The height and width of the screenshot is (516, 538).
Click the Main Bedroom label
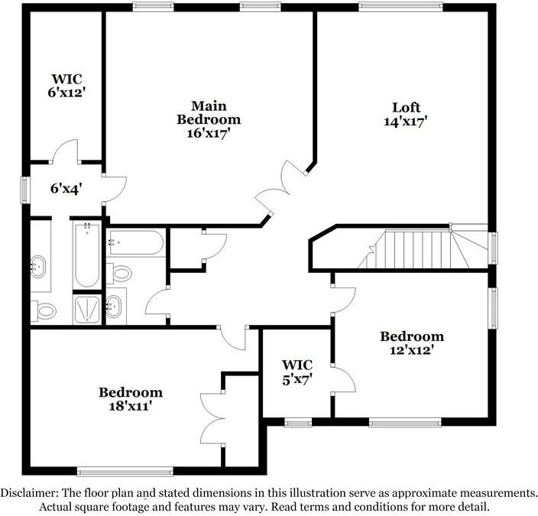click(x=209, y=112)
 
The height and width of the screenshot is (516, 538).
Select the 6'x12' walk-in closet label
click(x=66, y=92)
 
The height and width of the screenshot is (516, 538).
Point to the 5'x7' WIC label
click(x=297, y=378)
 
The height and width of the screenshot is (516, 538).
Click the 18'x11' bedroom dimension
click(x=130, y=407)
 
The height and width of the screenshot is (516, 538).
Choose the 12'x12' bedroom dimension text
click(x=411, y=350)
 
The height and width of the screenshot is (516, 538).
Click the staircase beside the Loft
click(x=416, y=248)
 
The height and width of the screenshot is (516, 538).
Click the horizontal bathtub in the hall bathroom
click(x=136, y=243)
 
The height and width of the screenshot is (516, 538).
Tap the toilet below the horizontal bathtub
click(x=121, y=273)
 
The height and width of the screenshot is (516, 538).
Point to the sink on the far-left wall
click(x=38, y=268)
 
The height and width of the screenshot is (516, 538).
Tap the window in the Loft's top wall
click(x=399, y=7)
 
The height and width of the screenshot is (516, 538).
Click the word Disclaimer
click(x=29, y=492)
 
